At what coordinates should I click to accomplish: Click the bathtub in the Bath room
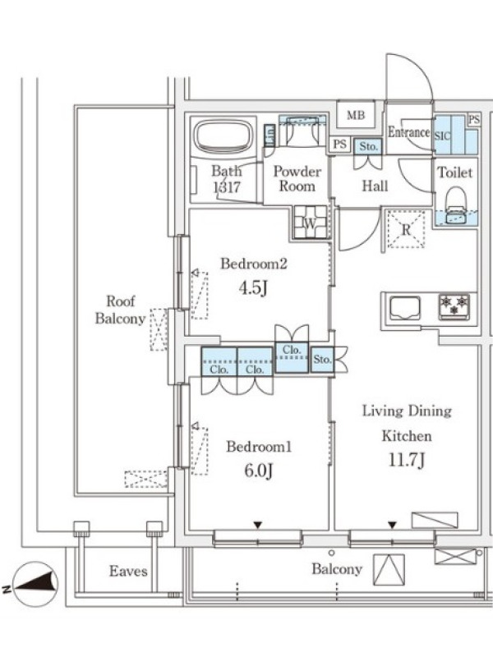223,137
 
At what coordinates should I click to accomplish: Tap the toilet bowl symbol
456,204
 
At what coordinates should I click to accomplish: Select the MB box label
356,114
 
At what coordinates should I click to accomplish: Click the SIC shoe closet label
442,136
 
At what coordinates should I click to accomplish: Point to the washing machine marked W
311,223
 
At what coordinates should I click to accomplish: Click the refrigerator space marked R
406,229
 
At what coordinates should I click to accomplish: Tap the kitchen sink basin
405,308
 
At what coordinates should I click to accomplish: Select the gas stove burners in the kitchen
454,306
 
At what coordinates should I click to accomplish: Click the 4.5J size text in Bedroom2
253,288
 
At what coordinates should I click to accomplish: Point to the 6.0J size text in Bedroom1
259,470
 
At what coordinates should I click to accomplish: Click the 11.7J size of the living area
407,460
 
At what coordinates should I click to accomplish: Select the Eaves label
128,571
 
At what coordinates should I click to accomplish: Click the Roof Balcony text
120,310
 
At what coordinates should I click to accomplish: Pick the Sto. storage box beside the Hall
367,146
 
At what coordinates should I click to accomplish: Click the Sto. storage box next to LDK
322,360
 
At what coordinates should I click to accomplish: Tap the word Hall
375,186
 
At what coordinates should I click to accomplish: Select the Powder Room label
297,178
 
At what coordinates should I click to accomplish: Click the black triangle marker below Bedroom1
257,525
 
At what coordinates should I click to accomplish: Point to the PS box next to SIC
474,119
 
